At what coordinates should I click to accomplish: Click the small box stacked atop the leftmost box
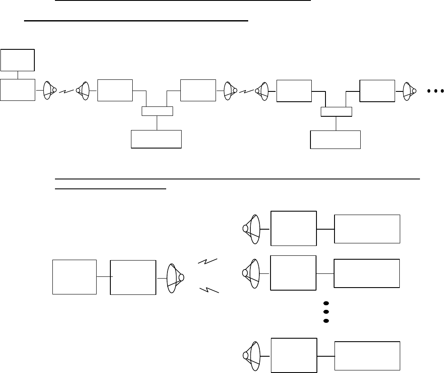18,60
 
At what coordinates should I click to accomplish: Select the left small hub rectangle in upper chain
157,112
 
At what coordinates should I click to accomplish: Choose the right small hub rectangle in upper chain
337,112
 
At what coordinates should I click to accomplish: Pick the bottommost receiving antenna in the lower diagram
252,355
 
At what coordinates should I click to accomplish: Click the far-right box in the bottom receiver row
367,355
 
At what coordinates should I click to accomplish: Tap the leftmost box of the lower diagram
74,277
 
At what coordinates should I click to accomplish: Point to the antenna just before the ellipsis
410,91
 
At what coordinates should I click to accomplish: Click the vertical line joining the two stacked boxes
18,75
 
